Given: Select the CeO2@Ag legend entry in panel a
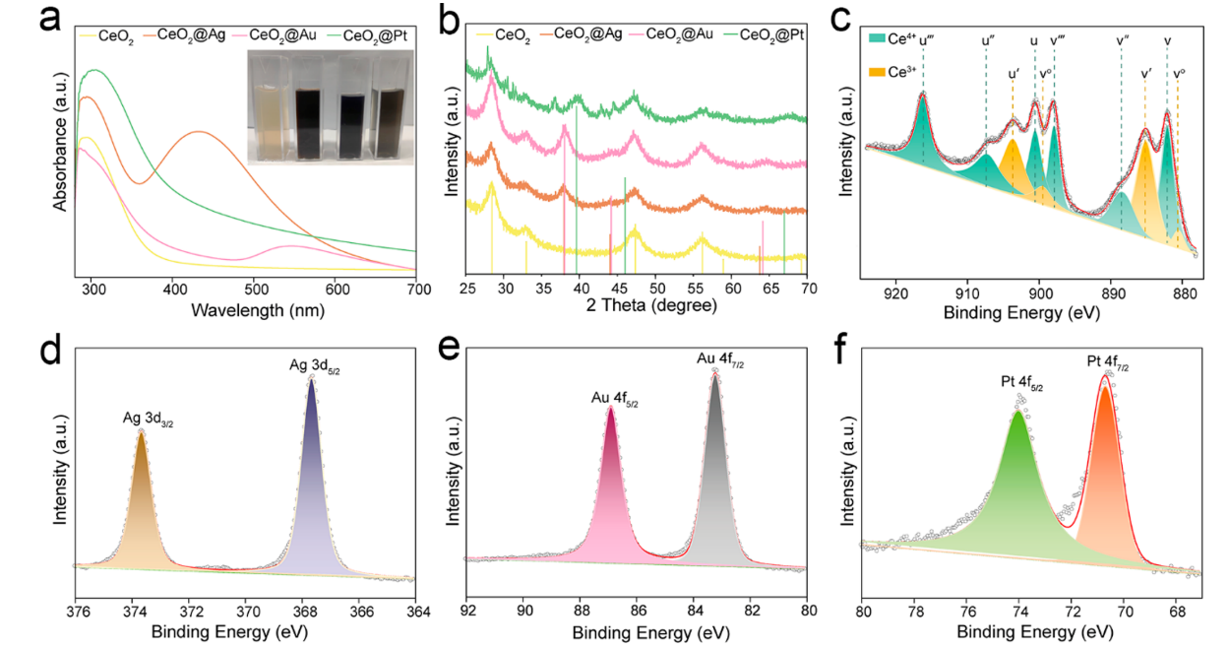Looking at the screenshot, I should tap(189, 35).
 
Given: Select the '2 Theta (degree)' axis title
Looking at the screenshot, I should tap(637, 306).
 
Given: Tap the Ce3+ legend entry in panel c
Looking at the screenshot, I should tap(891, 71).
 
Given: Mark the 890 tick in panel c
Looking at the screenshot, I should tap(1113, 292).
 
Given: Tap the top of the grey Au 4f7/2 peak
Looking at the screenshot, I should tap(715, 375).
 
